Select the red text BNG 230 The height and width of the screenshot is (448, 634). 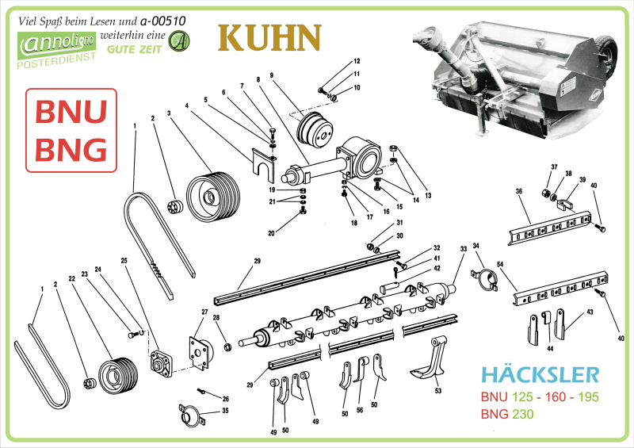tap(506, 414)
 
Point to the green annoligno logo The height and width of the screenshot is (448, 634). tap(57, 45)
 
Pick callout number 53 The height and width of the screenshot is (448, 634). tap(437, 391)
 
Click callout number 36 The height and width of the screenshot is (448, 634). tap(518, 191)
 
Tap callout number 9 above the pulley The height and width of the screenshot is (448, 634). tap(271, 75)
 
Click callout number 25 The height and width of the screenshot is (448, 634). tap(124, 260)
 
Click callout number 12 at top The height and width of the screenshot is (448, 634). tap(357, 61)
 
